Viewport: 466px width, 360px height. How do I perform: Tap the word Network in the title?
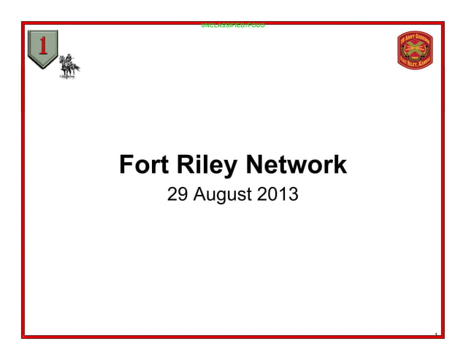click(x=296, y=165)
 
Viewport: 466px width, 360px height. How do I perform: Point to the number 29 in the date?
click(x=177, y=195)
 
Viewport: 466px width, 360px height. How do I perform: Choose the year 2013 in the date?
click(x=278, y=195)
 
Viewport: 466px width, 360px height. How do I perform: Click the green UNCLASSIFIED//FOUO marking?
click(x=233, y=26)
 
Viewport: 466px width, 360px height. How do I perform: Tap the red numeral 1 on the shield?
click(x=43, y=46)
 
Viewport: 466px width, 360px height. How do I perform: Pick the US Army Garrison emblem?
click(x=415, y=50)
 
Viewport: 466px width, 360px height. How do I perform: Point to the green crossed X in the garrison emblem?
click(x=415, y=50)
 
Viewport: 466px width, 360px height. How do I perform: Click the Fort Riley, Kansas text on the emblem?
click(x=415, y=62)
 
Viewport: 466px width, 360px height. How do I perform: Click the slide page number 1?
click(x=435, y=335)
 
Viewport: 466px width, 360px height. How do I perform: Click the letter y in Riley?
click(x=231, y=168)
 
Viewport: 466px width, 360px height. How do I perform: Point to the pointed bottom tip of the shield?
click(x=43, y=68)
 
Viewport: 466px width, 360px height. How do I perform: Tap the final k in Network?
click(x=340, y=165)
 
